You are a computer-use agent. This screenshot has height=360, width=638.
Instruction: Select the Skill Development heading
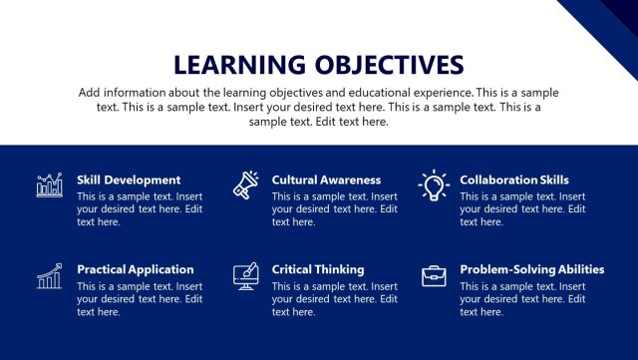129,180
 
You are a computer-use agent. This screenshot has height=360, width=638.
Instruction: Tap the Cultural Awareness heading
326,180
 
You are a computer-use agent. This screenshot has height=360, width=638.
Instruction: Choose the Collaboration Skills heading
514,180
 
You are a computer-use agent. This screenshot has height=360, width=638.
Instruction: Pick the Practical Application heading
135,269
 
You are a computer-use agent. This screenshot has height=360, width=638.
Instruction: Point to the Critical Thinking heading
318,269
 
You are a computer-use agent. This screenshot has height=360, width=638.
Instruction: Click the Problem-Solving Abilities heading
532,269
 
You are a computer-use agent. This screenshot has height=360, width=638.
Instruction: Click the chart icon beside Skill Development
50,184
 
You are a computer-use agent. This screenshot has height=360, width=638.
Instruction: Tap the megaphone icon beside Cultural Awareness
245,184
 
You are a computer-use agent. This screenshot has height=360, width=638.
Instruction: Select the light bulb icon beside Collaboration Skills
434,184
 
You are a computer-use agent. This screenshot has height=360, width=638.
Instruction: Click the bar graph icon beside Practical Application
50,276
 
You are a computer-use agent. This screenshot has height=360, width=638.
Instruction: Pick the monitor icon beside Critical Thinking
245,276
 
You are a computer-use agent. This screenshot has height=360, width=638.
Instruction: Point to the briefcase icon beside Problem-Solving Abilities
434,276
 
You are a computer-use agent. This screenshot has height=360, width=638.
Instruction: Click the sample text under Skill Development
140,209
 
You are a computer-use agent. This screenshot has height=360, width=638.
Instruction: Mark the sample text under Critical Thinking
335,298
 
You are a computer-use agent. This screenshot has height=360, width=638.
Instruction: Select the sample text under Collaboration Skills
522,209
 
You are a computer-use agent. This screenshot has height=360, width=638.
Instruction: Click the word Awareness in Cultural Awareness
349,180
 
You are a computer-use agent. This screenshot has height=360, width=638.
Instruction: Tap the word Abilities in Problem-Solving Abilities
579,269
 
